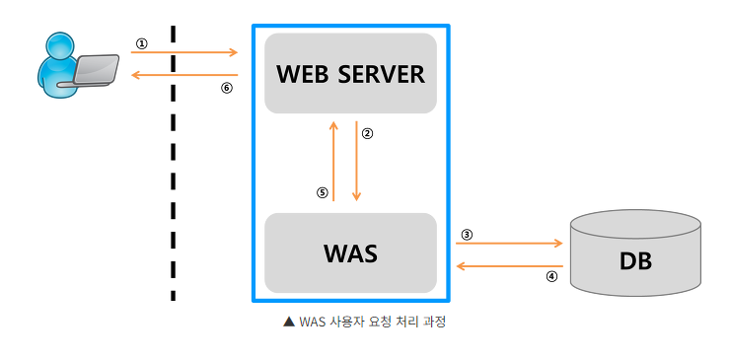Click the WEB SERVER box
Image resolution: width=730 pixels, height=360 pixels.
[x=350, y=73]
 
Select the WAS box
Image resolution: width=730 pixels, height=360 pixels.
[x=350, y=252]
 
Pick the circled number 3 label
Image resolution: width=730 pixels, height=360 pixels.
[x=467, y=235]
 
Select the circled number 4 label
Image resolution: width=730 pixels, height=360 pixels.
[x=551, y=277]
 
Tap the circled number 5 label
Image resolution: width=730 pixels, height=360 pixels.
[x=322, y=193]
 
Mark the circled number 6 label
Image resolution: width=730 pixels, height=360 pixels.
[x=226, y=87]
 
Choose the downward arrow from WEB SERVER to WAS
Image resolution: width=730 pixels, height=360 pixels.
[x=356, y=162]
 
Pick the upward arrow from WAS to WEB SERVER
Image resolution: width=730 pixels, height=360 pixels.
[x=334, y=162]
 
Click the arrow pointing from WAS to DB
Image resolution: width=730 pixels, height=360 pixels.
[x=509, y=243]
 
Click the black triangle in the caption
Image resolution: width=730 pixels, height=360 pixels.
[x=288, y=322]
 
